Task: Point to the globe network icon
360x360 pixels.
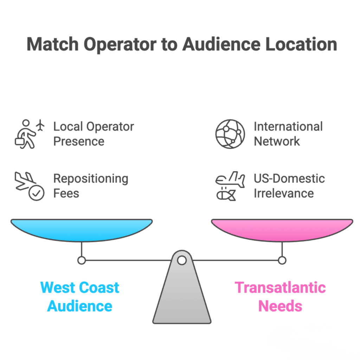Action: click(230, 134)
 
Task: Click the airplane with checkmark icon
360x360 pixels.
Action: click(29, 186)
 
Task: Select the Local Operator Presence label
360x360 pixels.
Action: click(94, 134)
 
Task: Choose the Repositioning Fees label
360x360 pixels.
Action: click(91, 186)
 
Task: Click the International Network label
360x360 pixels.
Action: click(288, 134)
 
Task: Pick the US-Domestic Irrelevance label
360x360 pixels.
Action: click(289, 186)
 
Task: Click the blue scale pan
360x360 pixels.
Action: click(82, 230)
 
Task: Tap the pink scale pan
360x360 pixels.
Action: click(282, 230)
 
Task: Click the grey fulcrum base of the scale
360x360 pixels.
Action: click(182, 295)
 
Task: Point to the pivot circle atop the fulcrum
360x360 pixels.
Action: click(182, 261)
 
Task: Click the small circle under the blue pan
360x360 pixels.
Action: click(82, 261)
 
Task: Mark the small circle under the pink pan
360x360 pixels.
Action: click(282, 261)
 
